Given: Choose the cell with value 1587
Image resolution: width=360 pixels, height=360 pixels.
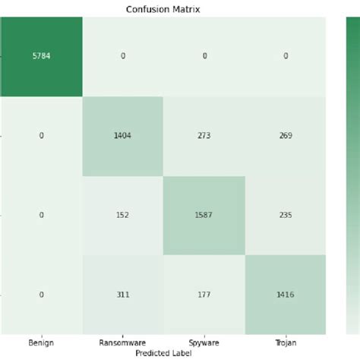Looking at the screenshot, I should click(204, 216).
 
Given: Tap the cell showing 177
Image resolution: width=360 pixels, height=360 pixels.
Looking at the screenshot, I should click(204, 295).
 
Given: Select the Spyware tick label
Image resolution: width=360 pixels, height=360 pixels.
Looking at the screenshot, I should click(204, 343).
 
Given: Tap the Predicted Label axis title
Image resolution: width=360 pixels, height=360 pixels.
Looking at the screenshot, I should click(163, 353).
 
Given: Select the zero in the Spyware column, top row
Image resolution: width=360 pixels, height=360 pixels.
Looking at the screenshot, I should click(204, 57).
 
